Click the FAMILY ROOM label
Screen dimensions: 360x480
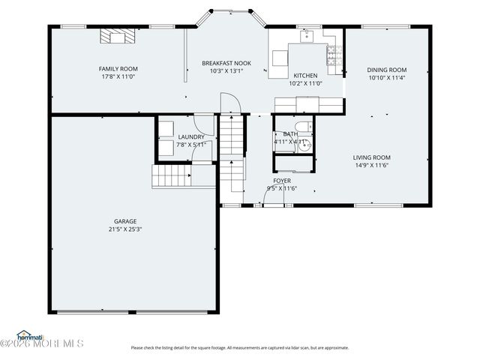[x=118, y=69]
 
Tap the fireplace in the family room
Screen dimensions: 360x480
[x=116, y=37]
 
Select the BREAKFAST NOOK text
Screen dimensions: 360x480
[x=226, y=64]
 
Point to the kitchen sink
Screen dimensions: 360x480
[x=307, y=35]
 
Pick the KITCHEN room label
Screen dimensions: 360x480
[x=305, y=76]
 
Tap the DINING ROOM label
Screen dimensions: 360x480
[x=387, y=70]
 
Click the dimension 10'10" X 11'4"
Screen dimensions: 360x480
[x=387, y=77]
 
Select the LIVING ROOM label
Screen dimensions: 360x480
[x=372, y=157]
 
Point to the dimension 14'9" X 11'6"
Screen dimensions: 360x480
[x=372, y=165]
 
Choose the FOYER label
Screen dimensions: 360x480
[x=282, y=181]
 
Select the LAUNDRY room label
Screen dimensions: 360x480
[x=190, y=137]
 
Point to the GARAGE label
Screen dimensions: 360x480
[x=125, y=221]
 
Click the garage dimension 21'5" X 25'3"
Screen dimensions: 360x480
[x=125, y=229]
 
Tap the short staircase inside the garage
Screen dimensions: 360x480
[x=170, y=177]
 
